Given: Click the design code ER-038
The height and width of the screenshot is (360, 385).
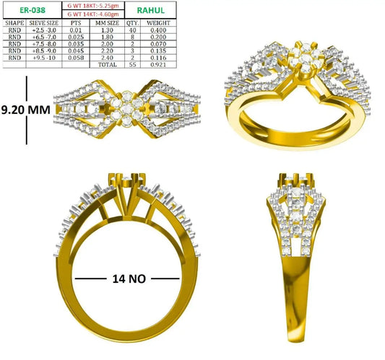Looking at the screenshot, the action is click(33, 10).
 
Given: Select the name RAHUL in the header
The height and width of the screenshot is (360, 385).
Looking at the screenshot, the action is click(150, 10).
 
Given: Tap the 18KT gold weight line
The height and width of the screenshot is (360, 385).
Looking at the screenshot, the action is click(93, 6).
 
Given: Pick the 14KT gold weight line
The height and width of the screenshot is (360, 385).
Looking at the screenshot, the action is click(93, 14).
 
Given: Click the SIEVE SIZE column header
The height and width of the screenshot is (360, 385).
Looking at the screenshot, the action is click(44, 23).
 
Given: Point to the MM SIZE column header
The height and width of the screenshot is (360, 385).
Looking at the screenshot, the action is click(108, 23).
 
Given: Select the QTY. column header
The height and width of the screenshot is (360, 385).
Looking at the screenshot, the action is click(133, 23).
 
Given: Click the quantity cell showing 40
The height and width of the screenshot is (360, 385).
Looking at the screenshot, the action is click(133, 30).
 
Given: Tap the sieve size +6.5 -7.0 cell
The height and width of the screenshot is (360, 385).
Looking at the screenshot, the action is click(44, 37).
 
